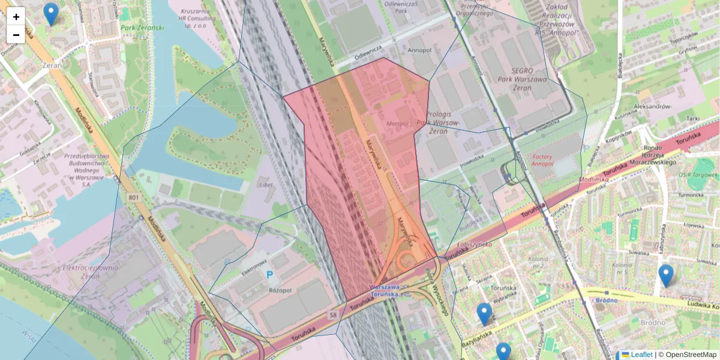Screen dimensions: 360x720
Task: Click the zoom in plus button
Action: (x=16, y=16)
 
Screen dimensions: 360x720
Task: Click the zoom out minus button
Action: (x=16, y=35)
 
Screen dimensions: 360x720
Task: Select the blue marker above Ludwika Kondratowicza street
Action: (x=665, y=275)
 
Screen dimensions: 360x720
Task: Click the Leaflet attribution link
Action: (x=641, y=355)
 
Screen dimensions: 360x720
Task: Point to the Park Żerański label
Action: (x=143, y=28)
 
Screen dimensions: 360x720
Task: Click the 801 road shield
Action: (x=133, y=197)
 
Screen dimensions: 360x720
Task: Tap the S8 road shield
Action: (x=332, y=315)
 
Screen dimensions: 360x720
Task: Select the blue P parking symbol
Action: (x=270, y=275)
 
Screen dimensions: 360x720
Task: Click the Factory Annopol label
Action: (x=542, y=160)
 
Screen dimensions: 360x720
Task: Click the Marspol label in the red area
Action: (x=397, y=124)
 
